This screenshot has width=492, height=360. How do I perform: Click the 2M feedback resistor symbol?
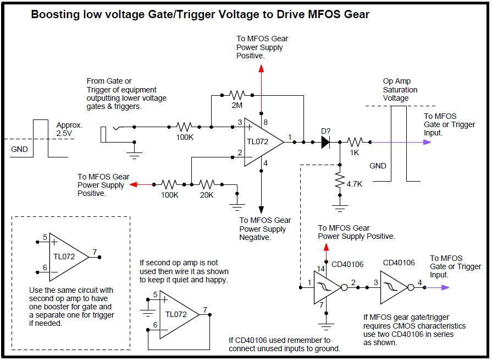pos(237,95)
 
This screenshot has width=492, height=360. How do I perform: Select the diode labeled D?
pos(325,143)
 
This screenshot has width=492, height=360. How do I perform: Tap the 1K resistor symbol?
pos(355,143)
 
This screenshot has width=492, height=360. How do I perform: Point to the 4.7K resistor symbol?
pos(340,180)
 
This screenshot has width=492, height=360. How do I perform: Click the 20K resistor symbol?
pos(207,184)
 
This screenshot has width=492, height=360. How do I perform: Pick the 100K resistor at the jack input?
pos(184,127)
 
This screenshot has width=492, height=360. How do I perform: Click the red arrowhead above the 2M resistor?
pos(261,68)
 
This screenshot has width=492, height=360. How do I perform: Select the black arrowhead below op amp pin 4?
pos(261,210)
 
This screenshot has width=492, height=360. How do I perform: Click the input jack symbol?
pos(110,134)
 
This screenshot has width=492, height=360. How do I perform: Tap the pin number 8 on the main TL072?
pos(266,122)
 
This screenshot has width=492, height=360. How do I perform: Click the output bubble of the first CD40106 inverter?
pos(345,287)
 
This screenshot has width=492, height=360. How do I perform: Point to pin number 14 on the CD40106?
pos(320,269)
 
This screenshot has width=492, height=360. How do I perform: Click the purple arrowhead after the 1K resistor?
pos(427,143)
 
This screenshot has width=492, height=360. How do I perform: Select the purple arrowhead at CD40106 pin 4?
pos(445,287)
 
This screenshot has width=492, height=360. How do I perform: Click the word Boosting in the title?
pos(55,14)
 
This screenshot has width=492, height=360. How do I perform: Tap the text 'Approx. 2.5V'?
pos(69,129)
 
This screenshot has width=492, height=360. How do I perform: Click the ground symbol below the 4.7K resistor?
pos(340,209)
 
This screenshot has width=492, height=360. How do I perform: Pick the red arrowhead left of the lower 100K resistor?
pos(134,184)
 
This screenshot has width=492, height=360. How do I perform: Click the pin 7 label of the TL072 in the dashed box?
pos(95,252)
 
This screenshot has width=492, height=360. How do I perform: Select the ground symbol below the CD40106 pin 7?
pos(327,327)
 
